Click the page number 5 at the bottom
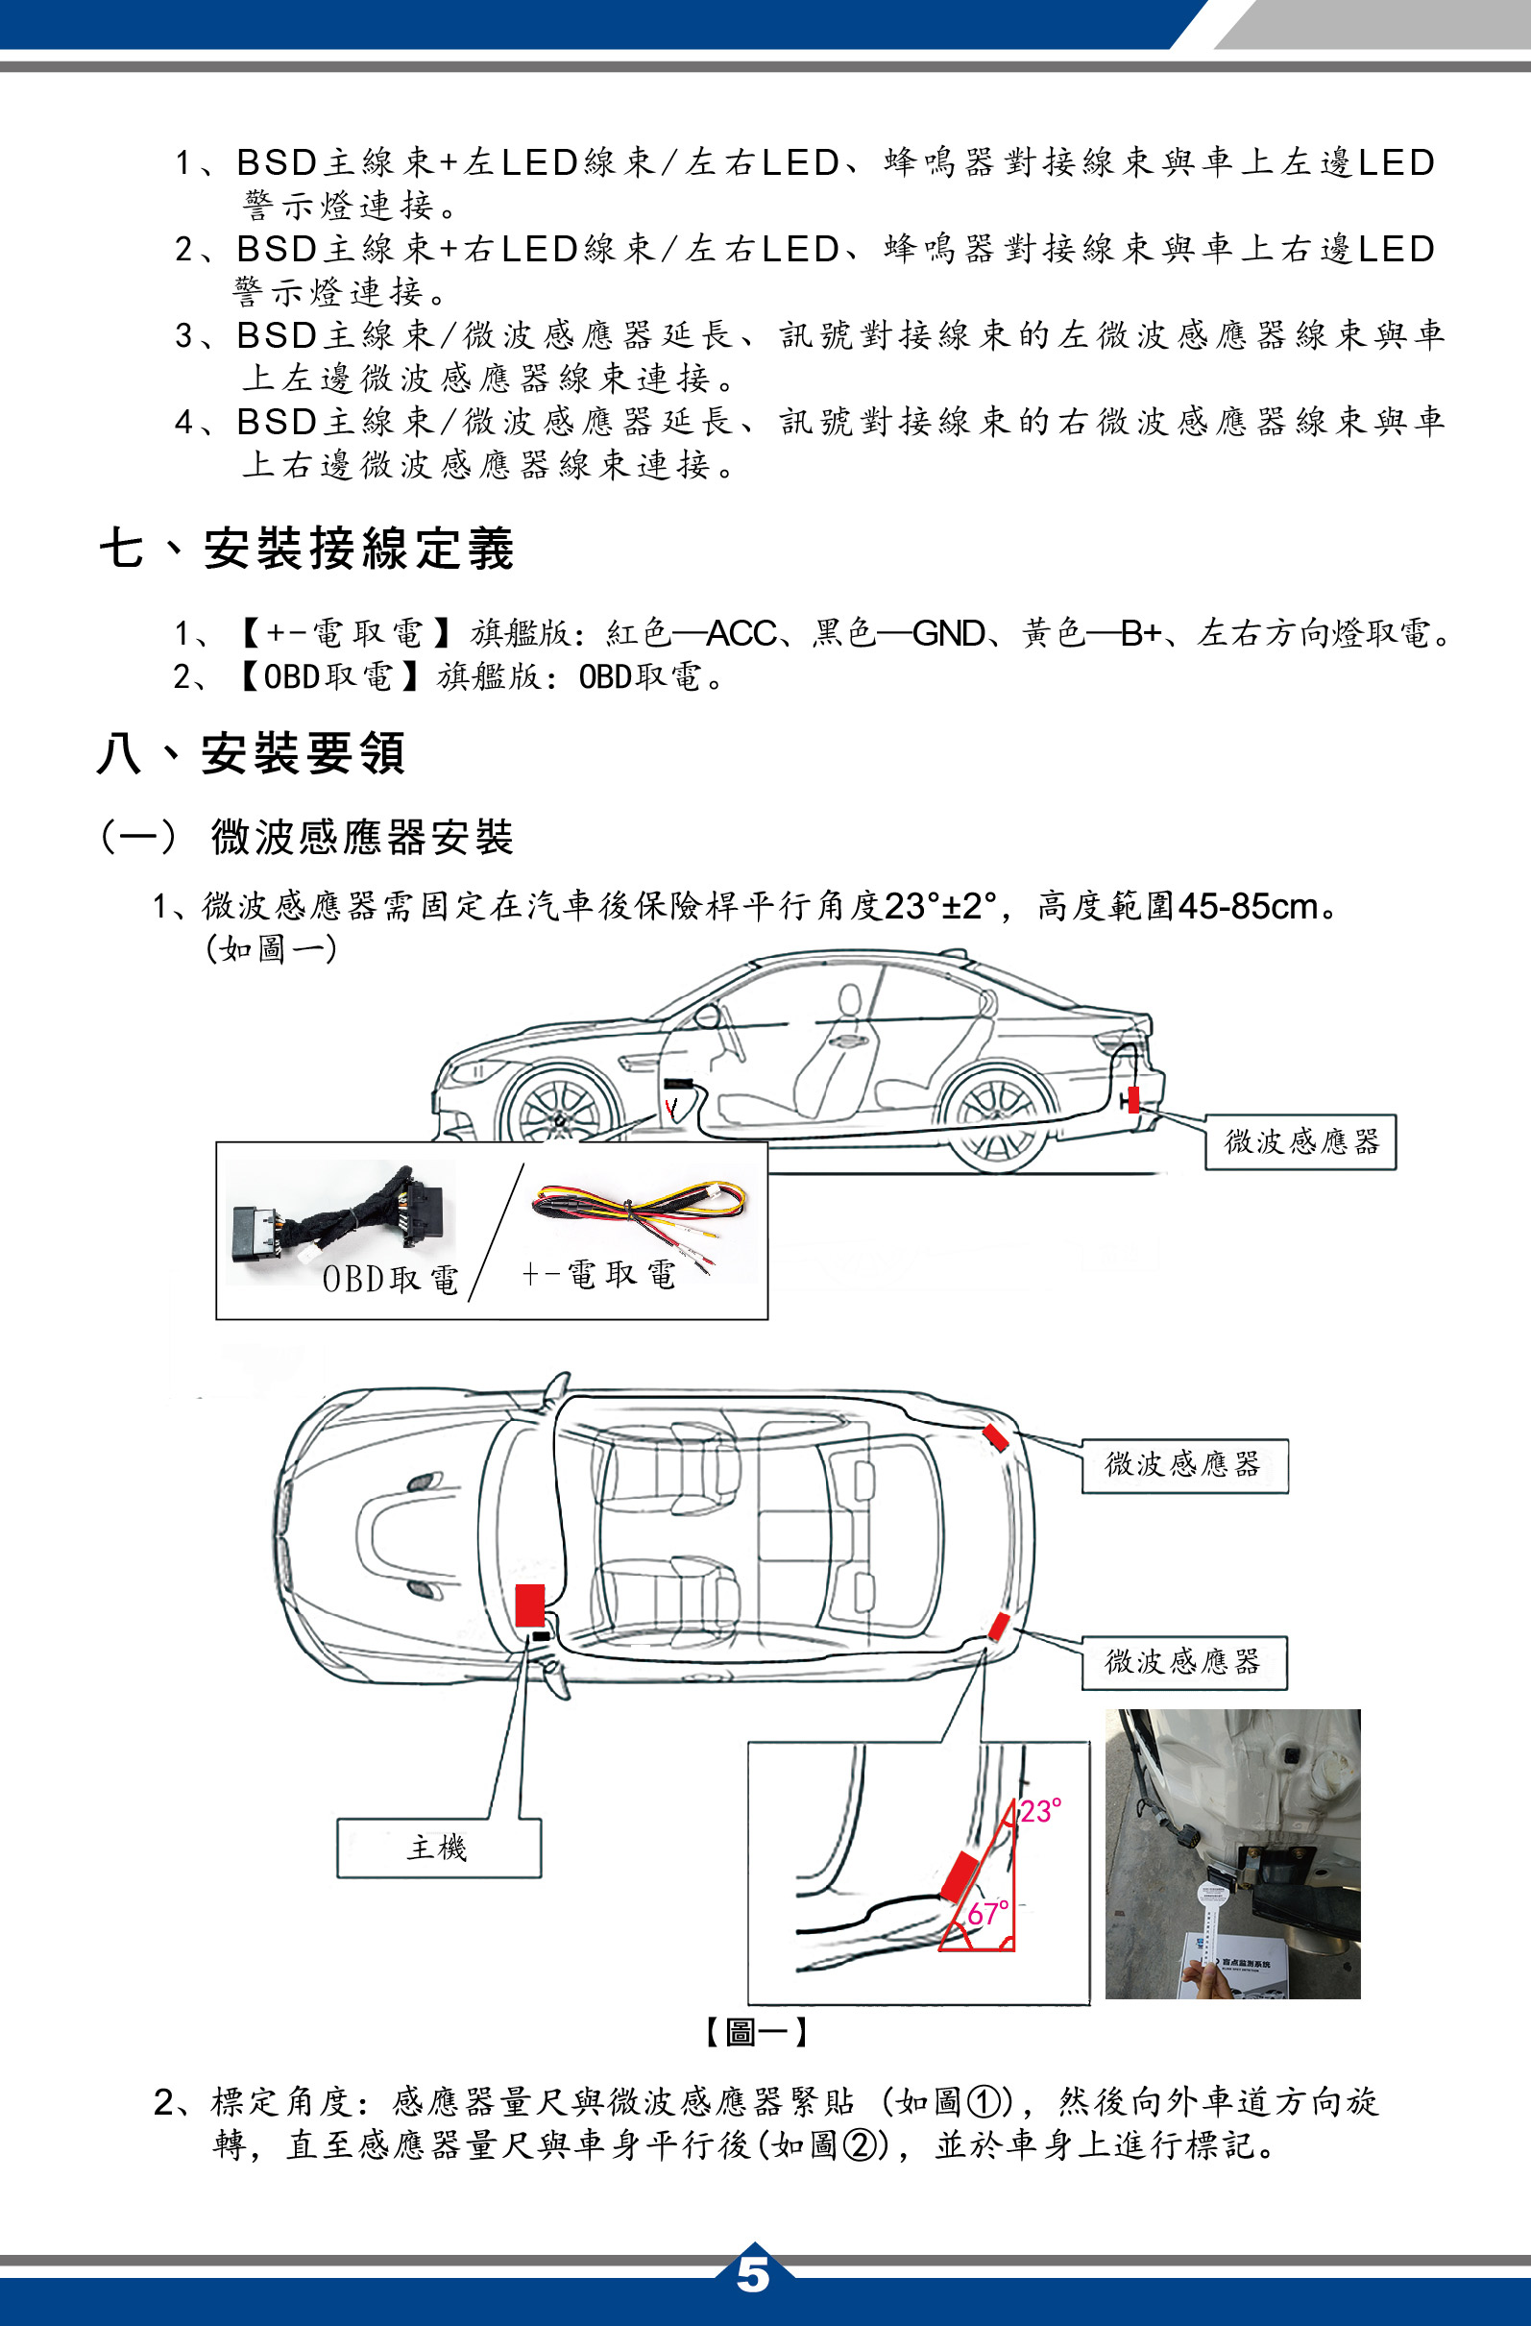[752, 2274]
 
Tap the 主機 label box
[439, 1848]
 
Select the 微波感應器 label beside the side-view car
[1300, 1141]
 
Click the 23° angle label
[1041, 1811]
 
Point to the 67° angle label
[988, 1913]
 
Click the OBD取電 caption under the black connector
[390, 1279]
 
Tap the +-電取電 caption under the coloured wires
[598, 1273]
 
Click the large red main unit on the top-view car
[529, 1604]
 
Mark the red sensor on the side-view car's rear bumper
[1133, 1099]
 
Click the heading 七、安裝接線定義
[306, 548]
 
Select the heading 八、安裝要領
[251, 753]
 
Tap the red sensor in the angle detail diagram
[960, 1875]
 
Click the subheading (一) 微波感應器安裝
[306, 838]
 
